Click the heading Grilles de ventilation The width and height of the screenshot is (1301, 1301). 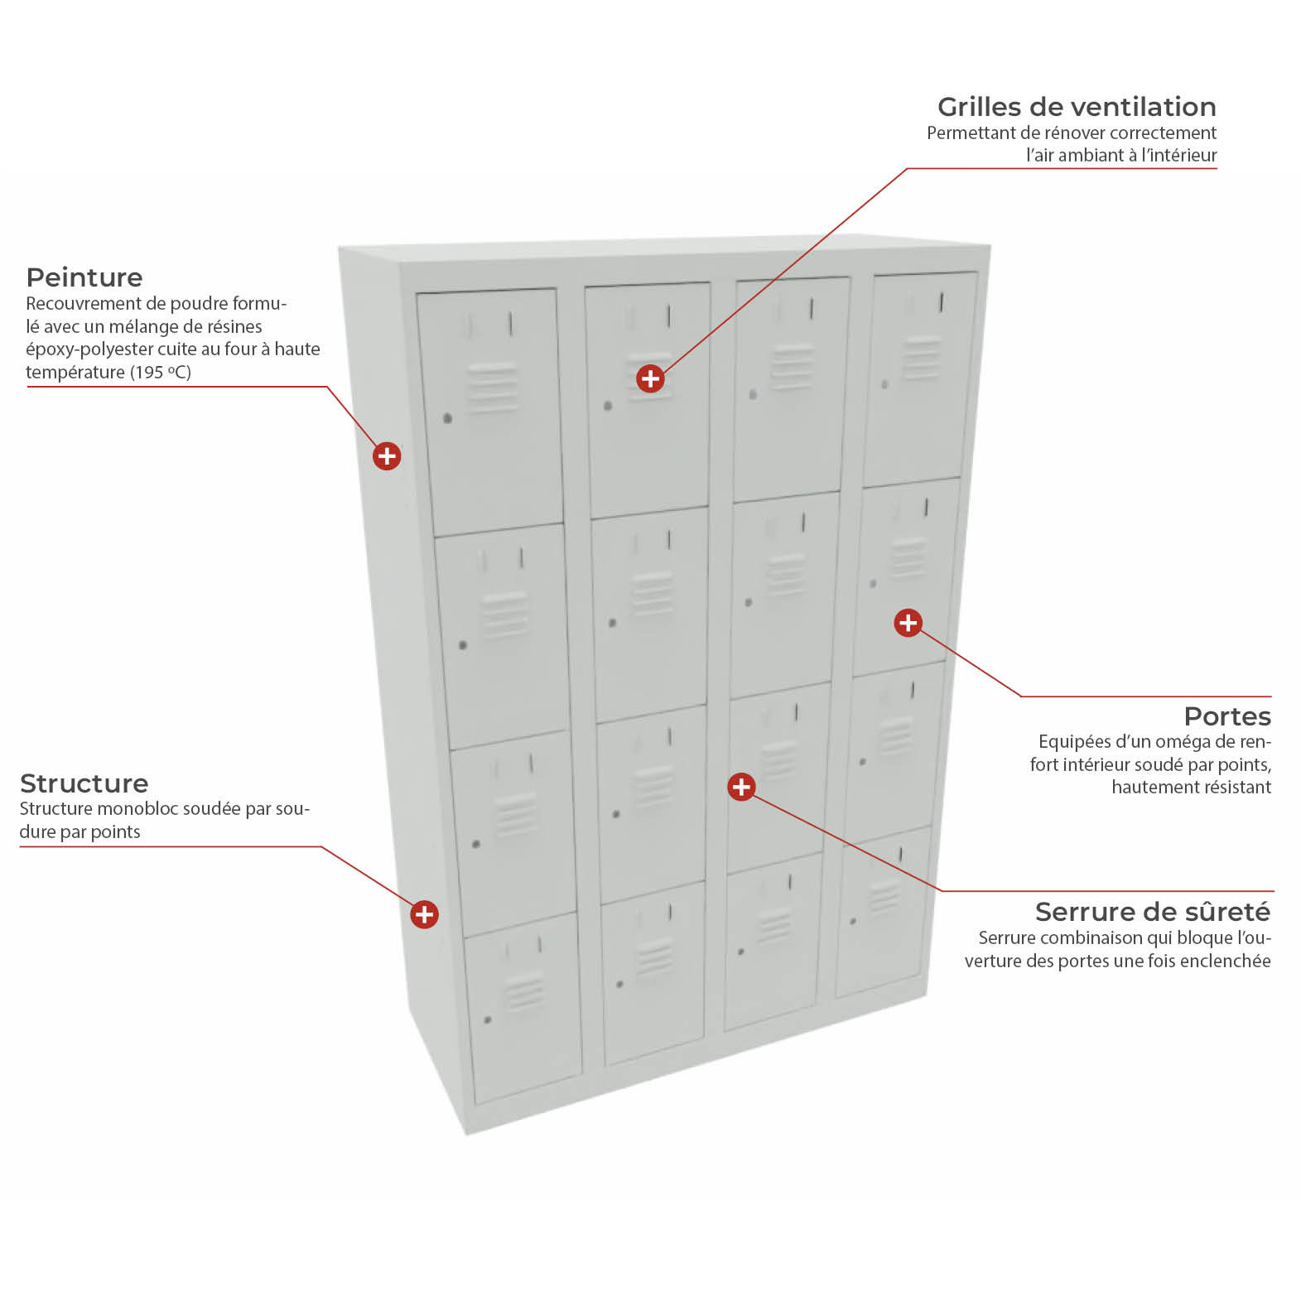[1077, 107]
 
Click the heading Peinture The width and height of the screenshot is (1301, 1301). [84, 277]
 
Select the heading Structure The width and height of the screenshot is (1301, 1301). [84, 783]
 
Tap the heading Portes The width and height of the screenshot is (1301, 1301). [1227, 716]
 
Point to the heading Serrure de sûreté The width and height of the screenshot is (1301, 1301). [1153, 912]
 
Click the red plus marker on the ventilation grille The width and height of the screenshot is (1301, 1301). [651, 378]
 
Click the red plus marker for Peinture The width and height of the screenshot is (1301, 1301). [387, 455]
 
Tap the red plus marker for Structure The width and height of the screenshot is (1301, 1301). [424, 914]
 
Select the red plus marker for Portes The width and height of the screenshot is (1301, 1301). [908, 623]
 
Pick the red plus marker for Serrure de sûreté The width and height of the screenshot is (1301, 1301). [741, 787]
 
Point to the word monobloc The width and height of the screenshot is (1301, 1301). [143, 809]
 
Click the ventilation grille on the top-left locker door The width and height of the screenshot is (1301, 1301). [493, 387]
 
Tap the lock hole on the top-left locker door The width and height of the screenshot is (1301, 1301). [448, 418]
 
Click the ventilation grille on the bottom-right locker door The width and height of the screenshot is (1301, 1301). [884, 896]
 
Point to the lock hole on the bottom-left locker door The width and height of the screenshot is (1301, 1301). [488, 1019]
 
